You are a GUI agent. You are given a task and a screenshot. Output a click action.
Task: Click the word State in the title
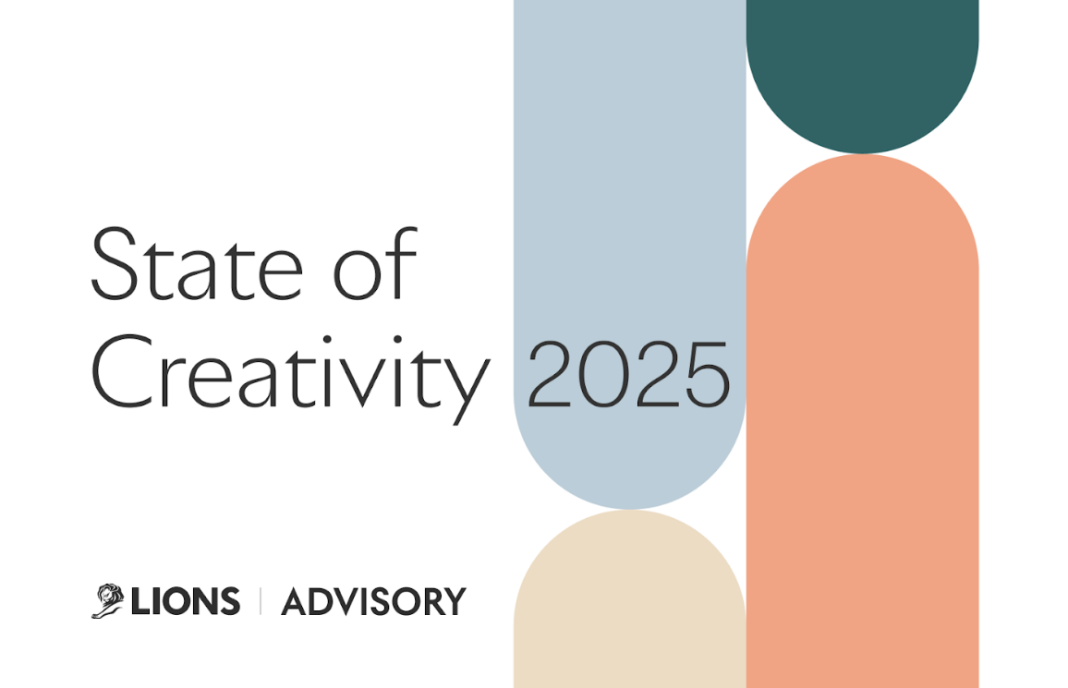[x=198, y=265]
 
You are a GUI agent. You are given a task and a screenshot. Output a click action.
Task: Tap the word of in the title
[x=375, y=263]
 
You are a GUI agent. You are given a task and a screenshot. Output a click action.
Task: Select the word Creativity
[x=291, y=376]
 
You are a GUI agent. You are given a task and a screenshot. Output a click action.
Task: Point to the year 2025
[x=628, y=374]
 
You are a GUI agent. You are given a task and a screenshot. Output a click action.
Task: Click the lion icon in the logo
[x=107, y=601]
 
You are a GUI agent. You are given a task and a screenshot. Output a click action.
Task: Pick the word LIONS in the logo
[x=186, y=601]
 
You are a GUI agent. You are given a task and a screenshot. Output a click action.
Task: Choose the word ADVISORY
[x=374, y=601]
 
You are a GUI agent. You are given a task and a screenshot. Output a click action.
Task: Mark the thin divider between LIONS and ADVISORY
[x=261, y=601]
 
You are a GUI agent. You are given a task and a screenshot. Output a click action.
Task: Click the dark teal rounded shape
[x=862, y=68]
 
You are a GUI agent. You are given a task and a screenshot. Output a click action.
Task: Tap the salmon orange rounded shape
[x=862, y=422]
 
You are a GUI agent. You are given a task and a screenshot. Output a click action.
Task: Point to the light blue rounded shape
[x=630, y=204]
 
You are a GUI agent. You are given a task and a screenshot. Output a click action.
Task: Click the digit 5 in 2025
[x=709, y=375]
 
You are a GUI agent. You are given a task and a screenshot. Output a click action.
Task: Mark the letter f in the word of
[x=403, y=263]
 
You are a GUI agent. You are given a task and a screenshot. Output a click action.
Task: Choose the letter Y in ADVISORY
[x=453, y=601]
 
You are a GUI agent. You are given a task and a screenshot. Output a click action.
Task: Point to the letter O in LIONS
[x=183, y=601]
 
